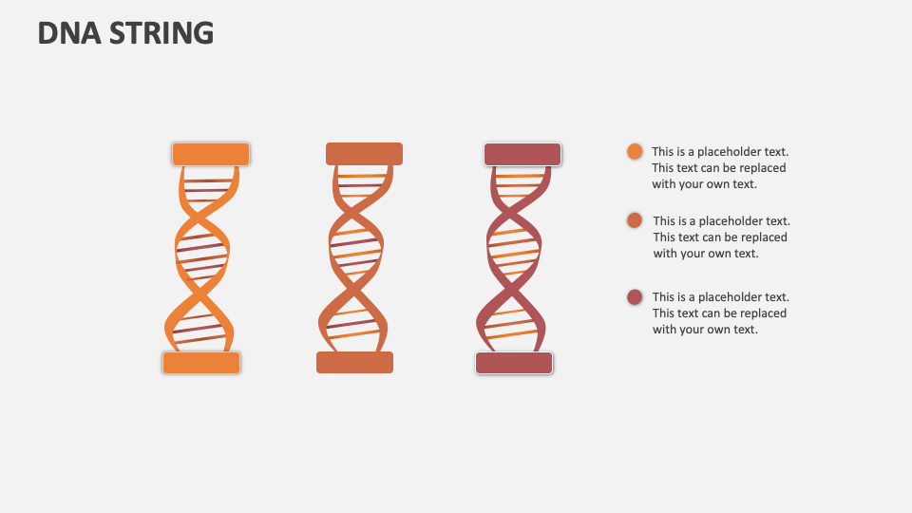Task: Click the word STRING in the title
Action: [x=161, y=33]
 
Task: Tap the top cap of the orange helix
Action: [x=211, y=154]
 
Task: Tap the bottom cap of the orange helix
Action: [x=201, y=363]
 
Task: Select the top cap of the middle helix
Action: [x=364, y=154]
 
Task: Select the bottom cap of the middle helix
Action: [x=354, y=362]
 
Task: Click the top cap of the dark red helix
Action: [x=522, y=154]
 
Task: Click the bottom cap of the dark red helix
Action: [x=514, y=363]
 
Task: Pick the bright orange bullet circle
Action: [x=635, y=151]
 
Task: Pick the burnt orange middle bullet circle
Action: [x=635, y=220]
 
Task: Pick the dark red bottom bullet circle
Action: [x=635, y=297]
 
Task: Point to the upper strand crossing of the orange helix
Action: [x=202, y=218]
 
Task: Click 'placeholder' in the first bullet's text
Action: [x=731, y=152]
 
